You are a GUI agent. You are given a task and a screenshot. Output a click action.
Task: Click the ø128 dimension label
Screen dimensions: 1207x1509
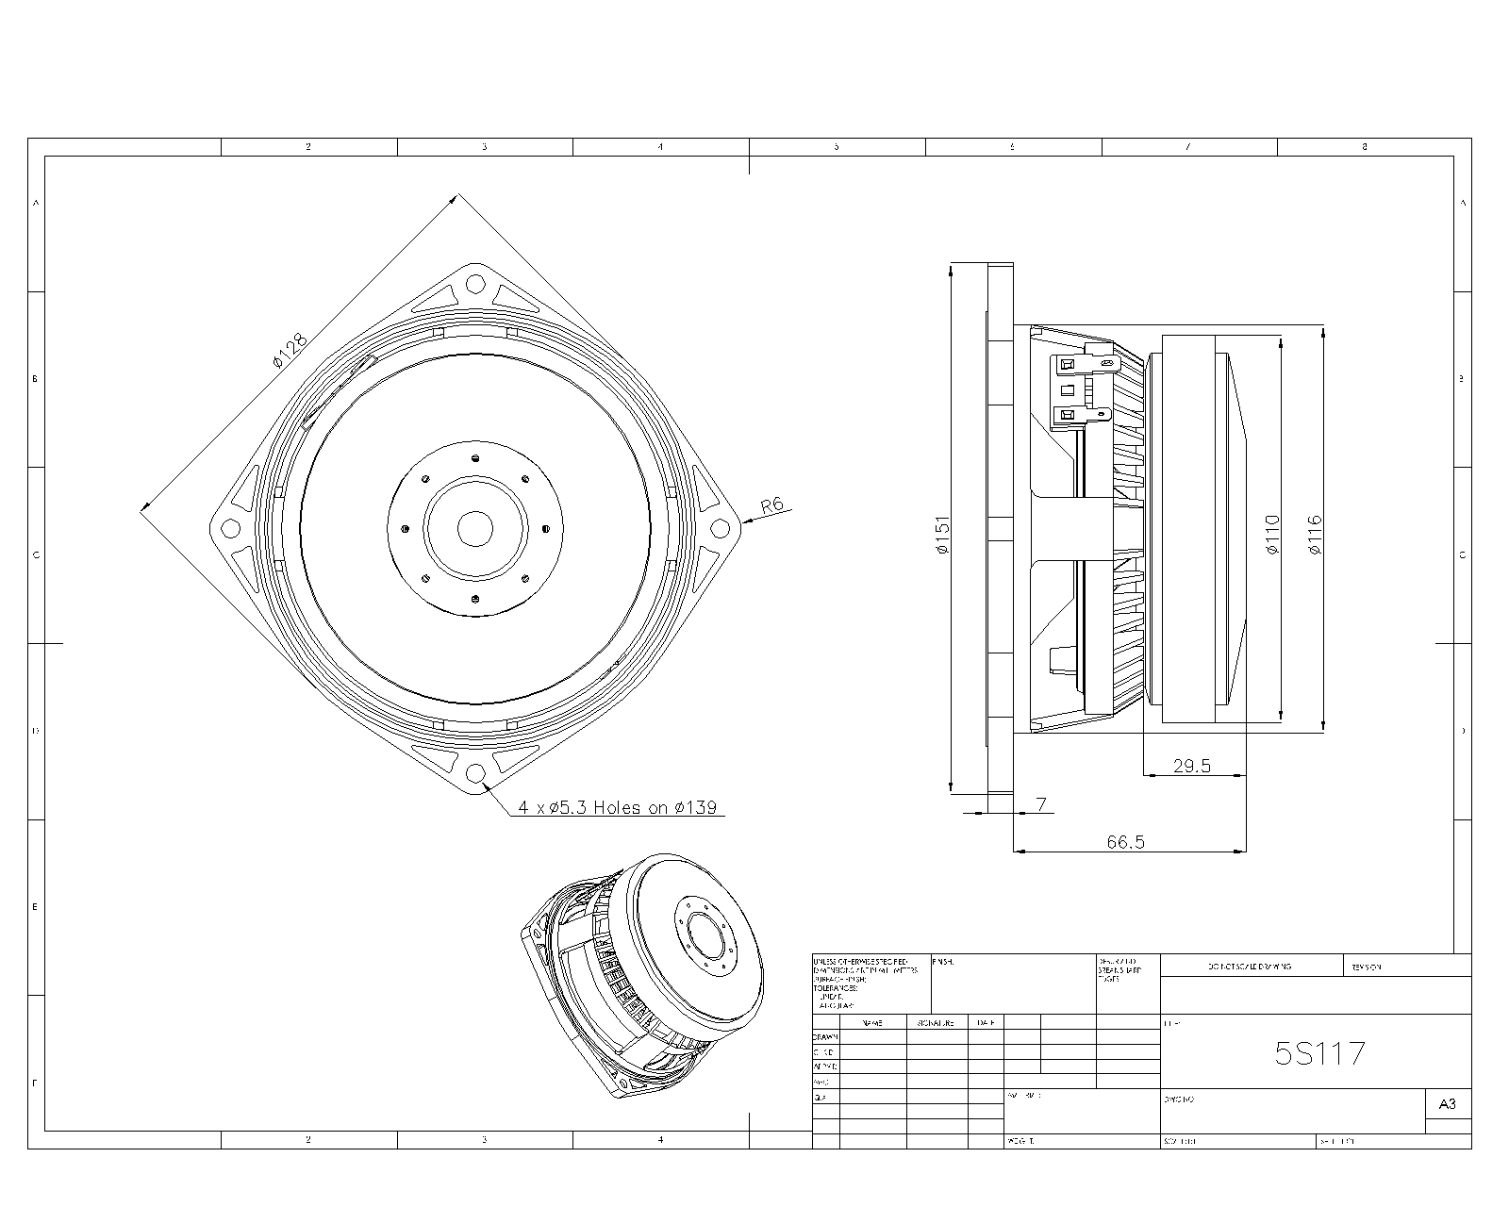click(290, 350)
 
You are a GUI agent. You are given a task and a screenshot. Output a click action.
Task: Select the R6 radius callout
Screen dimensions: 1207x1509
click(772, 504)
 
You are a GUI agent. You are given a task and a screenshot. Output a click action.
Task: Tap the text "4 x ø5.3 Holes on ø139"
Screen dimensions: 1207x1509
click(618, 807)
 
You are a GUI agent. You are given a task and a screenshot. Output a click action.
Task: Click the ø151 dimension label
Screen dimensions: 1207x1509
click(942, 535)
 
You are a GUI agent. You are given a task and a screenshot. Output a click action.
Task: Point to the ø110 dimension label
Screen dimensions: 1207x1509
click(1272, 535)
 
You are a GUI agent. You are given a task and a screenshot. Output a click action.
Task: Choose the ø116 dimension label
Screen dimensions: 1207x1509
click(1315, 535)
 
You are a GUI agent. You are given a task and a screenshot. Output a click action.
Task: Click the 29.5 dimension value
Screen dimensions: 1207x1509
click(1191, 766)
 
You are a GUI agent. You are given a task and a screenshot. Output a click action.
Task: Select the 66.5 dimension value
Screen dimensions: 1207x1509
click(1125, 842)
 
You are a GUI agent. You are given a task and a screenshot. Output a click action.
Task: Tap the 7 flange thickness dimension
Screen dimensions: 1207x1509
click(1041, 804)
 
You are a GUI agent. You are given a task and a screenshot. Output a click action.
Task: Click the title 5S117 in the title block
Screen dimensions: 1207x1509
click(1319, 1053)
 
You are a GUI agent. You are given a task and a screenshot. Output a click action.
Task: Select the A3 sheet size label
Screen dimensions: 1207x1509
click(1447, 1103)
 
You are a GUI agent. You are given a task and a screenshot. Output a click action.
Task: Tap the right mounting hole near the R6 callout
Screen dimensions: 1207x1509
click(721, 528)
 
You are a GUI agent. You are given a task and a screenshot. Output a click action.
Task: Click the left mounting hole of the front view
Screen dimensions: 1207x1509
click(229, 528)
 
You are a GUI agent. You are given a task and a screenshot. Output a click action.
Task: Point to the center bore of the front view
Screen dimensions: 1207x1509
click(475, 528)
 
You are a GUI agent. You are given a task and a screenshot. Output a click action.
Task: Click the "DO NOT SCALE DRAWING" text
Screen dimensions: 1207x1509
click(1250, 967)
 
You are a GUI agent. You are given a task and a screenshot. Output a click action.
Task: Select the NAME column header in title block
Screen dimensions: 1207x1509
click(872, 1022)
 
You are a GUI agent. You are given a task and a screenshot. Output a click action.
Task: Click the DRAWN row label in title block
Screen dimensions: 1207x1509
click(825, 1036)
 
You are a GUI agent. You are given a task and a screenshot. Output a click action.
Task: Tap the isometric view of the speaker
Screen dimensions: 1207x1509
click(641, 976)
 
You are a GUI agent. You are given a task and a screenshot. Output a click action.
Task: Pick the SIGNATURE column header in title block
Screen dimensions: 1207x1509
click(936, 1022)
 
